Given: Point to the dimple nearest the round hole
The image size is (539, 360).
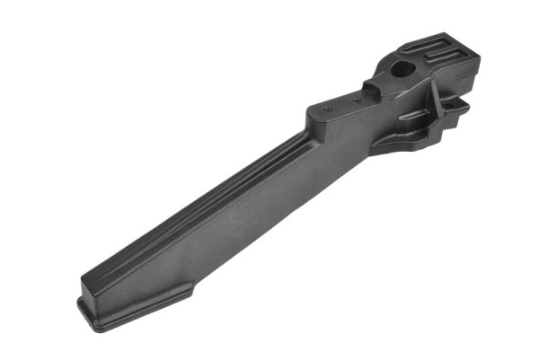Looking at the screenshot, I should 357,101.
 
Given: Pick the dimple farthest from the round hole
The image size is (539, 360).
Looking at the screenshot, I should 326,108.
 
